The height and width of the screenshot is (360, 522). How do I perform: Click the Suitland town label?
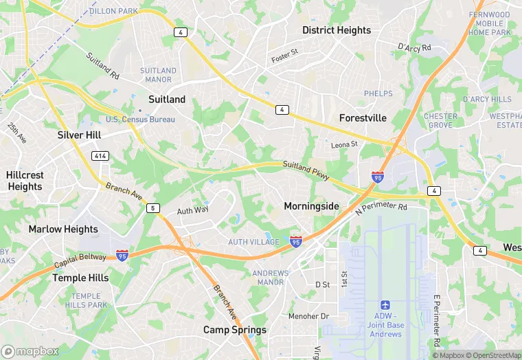click(x=166, y=100)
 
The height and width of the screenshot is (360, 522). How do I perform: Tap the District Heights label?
click(x=337, y=30)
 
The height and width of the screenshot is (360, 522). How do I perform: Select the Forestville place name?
click(x=363, y=118)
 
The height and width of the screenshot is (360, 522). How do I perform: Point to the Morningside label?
click(x=311, y=206)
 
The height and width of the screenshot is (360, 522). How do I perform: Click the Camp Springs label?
click(x=234, y=330)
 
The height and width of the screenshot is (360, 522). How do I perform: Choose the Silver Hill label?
click(x=80, y=135)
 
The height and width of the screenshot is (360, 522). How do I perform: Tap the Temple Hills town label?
click(x=80, y=278)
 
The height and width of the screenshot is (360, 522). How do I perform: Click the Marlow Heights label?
click(x=63, y=229)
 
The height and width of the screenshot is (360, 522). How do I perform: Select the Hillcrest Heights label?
click(x=25, y=181)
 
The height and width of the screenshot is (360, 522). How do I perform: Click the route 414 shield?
click(x=100, y=156)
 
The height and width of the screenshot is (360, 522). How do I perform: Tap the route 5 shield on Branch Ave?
click(x=152, y=207)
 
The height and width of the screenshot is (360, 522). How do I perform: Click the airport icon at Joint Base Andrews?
click(x=385, y=305)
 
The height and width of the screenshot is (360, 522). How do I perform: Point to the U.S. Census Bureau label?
click(x=140, y=120)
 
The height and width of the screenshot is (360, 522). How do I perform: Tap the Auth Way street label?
click(x=192, y=210)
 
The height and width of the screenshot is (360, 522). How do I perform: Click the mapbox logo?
click(x=30, y=351)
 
